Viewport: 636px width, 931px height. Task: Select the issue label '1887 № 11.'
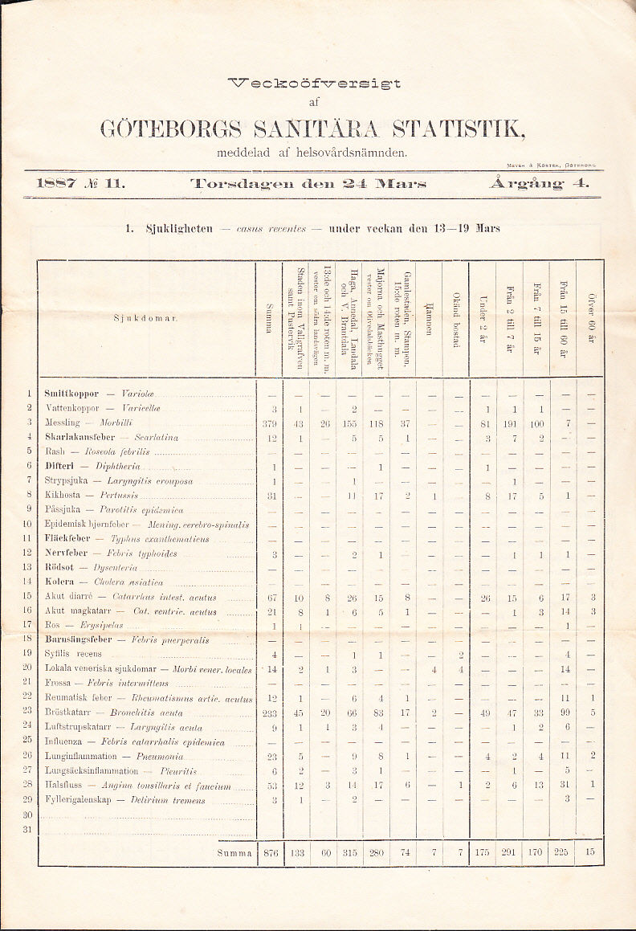coord(80,183)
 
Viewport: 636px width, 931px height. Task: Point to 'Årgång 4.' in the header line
coord(538,183)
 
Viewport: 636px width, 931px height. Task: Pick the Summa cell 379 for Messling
coord(269,423)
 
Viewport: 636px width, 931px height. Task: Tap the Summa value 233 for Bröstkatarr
coord(269,713)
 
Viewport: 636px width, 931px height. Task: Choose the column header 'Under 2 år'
coord(482,319)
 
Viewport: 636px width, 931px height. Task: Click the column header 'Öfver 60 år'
coord(590,319)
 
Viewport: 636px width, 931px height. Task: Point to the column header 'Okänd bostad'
coord(455,319)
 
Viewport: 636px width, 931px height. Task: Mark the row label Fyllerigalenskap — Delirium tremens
coord(125,800)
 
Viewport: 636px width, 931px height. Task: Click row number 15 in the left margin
coord(27,596)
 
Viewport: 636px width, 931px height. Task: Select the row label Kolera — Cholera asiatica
coord(104,582)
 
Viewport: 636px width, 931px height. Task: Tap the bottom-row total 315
coord(349,852)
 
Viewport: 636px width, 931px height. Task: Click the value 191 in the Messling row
coord(509,423)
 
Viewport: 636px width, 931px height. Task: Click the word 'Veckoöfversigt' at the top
coord(314,82)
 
